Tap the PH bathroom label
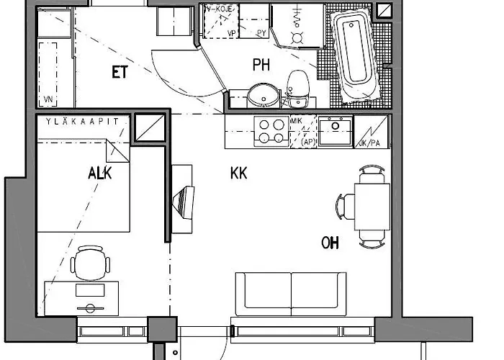coord(261,66)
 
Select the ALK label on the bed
coord(99,173)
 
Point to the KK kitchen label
coord(239,174)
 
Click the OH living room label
coord(330,243)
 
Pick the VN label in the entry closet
coord(48,99)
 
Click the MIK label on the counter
coord(296,122)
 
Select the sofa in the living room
coord(291,293)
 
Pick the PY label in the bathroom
coord(261,33)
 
